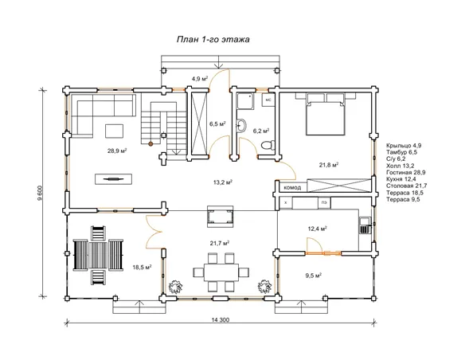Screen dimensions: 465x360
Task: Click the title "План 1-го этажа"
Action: tap(213, 40)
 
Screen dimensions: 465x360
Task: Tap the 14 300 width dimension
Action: tap(221, 320)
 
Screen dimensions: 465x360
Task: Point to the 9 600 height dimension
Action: tap(41, 193)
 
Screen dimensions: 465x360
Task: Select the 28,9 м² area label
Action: tap(117, 151)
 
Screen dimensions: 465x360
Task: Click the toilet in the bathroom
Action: tap(268, 145)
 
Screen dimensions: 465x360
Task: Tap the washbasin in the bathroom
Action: tap(241, 126)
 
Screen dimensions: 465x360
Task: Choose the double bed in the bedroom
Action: tap(326, 114)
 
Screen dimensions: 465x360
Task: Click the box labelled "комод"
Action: tap(292, 187)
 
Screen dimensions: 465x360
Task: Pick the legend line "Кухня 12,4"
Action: tap(401, 179)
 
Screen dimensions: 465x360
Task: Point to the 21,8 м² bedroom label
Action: tap(329, 165)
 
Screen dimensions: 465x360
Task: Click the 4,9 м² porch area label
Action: tap(199, 79)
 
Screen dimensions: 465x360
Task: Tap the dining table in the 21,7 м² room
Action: tap(221, 272)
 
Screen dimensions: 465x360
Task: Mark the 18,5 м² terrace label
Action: tap(142, 267)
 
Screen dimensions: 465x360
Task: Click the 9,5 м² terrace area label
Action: tap(314, 276)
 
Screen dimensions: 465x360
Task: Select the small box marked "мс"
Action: tap(268, 100)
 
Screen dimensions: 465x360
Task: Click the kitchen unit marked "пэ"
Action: tap(324, 203)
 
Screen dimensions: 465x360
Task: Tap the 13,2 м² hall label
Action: tap(223, 182)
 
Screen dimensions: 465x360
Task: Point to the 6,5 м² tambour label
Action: tap(217, 124)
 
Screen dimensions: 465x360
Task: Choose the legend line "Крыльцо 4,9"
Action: tap(404, 146)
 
